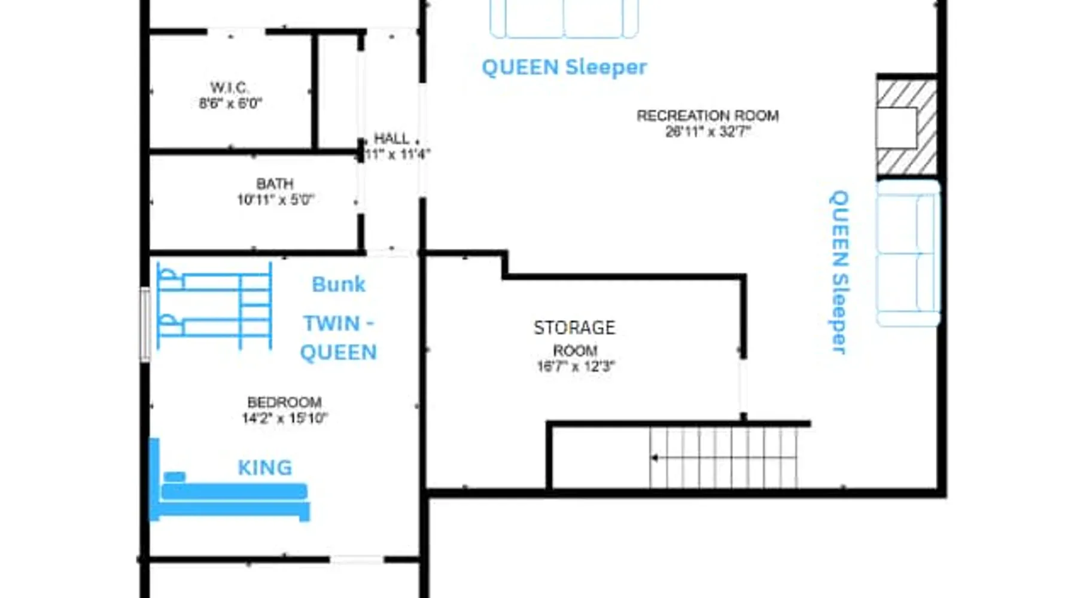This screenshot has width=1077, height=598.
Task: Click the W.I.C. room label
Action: pyautogui.click(x=230, y=87)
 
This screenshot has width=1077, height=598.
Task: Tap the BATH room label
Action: pyautogui.click(x=275, y=183)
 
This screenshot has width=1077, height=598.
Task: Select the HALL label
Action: pyautogui.click(x=391, y=138)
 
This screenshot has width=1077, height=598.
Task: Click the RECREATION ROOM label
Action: pyautogui.click(x=708, y=115)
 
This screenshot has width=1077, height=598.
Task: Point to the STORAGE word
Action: pyautogui.click(x=574, y=328)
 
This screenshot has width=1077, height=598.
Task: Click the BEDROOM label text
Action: pyautogui.click(x=284, y=402)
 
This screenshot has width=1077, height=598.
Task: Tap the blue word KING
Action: pyautogui.click(x=265, y=468)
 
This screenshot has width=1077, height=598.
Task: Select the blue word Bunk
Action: pyautogui.click(x=339, y=285)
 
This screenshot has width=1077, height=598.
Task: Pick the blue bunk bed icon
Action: pyautogui.click(x=214, y=306)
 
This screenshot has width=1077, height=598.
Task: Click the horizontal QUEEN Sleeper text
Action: pyautogui.click(x=564, y=68)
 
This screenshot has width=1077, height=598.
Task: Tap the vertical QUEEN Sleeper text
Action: pyautogui.click(x=839, y=272)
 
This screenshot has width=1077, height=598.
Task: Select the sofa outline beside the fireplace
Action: pyautogui.click(x=908, y=254)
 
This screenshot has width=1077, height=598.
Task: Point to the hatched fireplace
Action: pyautogui.click(x=906, y=127)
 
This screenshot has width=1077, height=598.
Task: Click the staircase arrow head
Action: pyautogui.click(x=655, y=458)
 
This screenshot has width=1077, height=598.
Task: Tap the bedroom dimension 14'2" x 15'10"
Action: pyautogui.click(x=284, y=418)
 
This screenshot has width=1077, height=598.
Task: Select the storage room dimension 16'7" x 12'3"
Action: pyautogui.click(x=576, y=366)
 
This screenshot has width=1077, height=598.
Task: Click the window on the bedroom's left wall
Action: pyautogui.click(x=145, y=324)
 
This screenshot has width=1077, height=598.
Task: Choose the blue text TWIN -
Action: pyautogui.click(x=339, y=324)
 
